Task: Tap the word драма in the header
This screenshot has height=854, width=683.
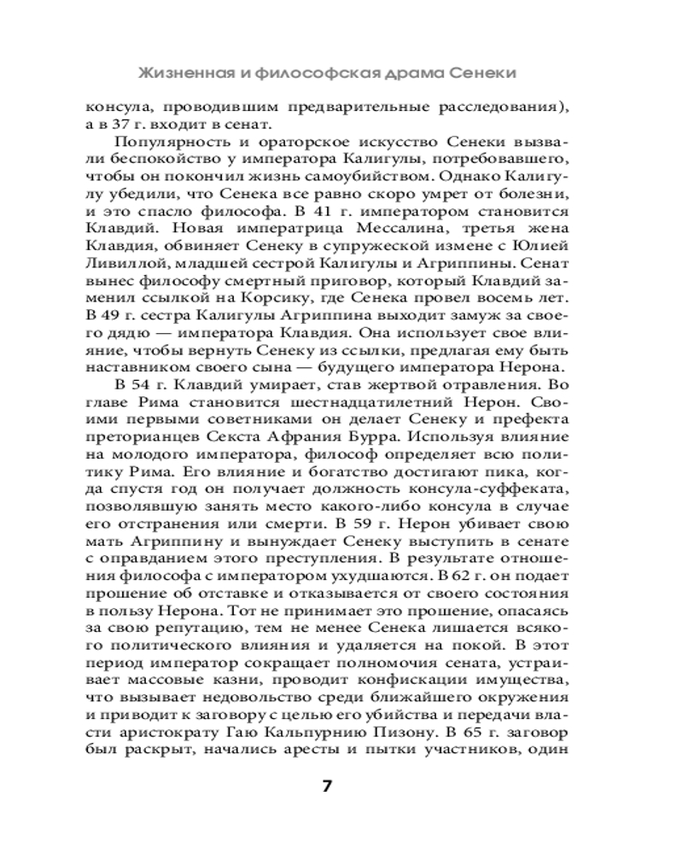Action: [x=421, y=73]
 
